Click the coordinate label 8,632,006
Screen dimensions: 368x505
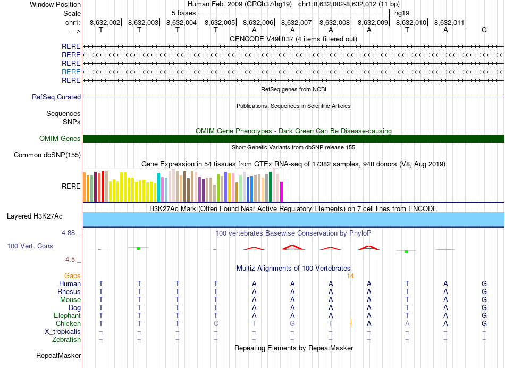pos(258,22)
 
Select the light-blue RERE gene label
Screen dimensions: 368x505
pos(71,72)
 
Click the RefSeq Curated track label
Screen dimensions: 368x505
pos(56,97)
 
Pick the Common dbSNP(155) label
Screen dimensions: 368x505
pos(47,155)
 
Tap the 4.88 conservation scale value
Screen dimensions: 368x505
pos(71,233)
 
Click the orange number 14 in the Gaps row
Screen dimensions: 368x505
pos(350,276)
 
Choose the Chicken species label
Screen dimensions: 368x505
pos(68,324)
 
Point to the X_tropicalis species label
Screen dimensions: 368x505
pos(63,332)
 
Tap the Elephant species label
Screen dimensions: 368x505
pos(67,316)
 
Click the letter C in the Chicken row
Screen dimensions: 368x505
pos(216,324)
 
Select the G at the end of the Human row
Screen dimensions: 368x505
pos(484,284)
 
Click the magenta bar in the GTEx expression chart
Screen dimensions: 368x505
pos(282,192)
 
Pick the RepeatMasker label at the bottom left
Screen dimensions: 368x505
pos(58,355)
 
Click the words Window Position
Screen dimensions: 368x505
pos(55,4)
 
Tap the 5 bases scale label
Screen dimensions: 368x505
pos(183,13)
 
